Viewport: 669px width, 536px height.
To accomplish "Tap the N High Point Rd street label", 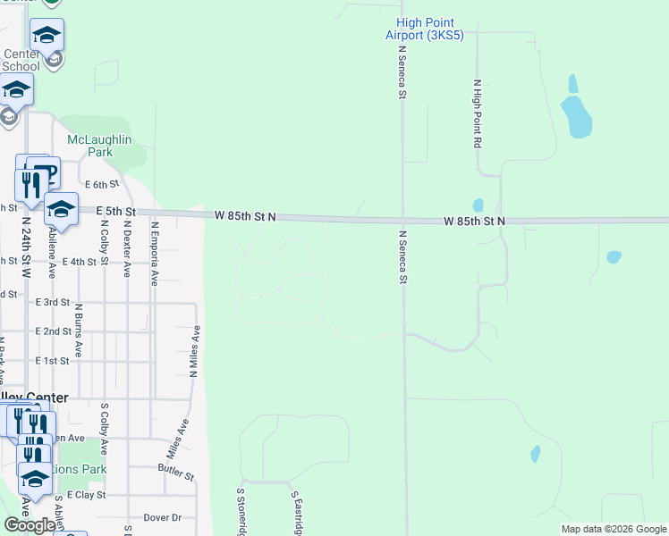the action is (478, 113).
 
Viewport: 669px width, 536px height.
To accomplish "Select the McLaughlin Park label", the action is (99, 146).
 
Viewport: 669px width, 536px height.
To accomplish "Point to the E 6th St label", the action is (102, 185).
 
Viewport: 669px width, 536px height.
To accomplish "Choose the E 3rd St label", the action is (53, 303).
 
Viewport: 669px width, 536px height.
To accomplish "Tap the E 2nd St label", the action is (53, 331).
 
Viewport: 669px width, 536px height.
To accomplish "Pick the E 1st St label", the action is (53, 361).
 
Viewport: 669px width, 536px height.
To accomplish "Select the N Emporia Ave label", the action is (154, 254).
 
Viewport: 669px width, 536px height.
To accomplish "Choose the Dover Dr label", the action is (162, 517).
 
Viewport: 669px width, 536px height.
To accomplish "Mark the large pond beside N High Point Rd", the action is (576, 117).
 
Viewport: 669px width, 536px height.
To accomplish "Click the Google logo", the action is (29, 524).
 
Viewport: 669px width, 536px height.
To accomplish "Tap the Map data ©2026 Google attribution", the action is (613, 529).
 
